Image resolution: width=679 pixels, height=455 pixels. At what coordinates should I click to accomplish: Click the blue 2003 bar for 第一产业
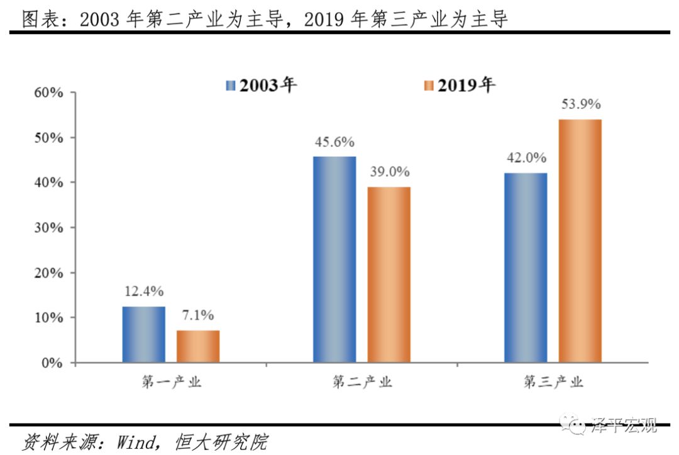coord(144,334)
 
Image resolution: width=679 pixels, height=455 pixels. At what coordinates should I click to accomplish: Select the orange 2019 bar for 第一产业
coord(198,346)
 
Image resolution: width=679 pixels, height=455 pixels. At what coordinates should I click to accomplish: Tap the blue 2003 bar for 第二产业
coord(334,259)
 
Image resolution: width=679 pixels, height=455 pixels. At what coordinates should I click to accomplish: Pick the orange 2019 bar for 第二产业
coord(389,274)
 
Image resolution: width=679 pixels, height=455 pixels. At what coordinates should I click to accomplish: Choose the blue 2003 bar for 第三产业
coord(526,267)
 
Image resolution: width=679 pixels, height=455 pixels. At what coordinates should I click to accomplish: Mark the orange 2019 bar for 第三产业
coord(580,241)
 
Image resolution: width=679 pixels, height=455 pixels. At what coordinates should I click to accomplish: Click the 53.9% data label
coord(581,104)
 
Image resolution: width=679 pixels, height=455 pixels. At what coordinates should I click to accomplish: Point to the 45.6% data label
coord(334,142)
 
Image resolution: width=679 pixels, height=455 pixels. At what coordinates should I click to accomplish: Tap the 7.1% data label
coord(198,315)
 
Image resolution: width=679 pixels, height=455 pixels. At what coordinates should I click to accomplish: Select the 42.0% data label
coord(526,158)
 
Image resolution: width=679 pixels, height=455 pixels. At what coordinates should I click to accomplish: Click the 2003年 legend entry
coord(261,85)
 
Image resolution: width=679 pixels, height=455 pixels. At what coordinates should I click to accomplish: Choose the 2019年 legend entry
coord(460,85)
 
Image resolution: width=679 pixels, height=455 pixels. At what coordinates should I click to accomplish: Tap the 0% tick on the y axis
coord(52,363)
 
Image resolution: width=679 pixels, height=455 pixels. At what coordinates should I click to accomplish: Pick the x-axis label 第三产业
coord(553,382)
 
